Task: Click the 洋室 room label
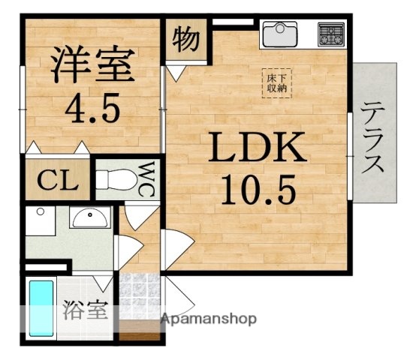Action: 92,65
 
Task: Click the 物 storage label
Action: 184,39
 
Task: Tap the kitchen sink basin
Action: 279,33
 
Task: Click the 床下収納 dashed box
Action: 276,82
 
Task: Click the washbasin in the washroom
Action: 89,220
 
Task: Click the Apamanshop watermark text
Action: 209,319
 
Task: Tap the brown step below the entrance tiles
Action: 140,331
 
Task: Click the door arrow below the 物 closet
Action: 177,72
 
